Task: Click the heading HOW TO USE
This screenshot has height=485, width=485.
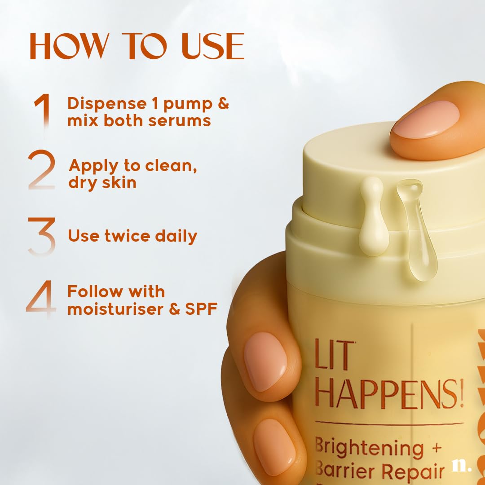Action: [137, 46]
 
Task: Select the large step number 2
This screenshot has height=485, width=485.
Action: [42, 171]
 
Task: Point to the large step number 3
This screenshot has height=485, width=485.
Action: [42, 236]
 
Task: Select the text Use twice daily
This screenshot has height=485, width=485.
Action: [132, 236]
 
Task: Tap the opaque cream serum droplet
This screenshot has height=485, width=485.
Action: [373, 218]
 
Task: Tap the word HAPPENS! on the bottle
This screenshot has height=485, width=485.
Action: [389, 392]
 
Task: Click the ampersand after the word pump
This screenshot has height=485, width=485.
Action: [223, 104]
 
